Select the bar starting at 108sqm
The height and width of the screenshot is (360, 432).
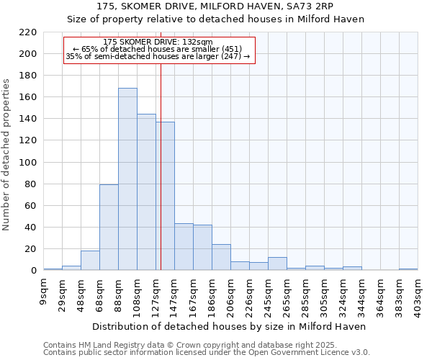[x=146, y=192]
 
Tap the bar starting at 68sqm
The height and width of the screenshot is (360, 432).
[x=109, y=227]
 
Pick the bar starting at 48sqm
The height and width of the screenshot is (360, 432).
[x=90, y=260]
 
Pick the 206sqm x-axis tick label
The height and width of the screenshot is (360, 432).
[x=231, y=293]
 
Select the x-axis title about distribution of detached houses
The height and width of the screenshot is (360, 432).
[x=230, y=326]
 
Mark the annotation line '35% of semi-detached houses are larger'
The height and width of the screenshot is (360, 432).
[x=158, y=56]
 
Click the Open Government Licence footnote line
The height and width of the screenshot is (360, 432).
[x=207, y=353]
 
